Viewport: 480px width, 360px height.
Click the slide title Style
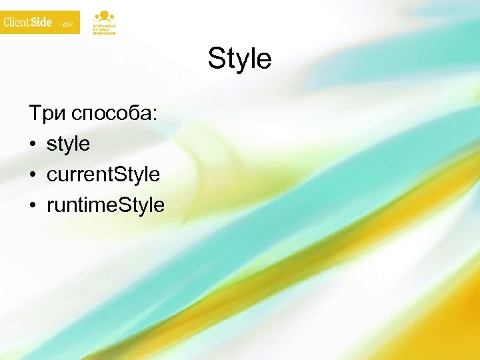(x=239, y=59)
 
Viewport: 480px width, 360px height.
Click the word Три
(x=44, y=113)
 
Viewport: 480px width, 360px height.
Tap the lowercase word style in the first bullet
(x=68, y=143)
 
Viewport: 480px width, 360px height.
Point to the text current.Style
(x=103, y=175)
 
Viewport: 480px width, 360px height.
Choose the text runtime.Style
(x=105, y=205)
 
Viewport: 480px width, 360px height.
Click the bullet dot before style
(x=32, y=144)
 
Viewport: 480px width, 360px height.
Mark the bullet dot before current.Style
(x=32, y=175)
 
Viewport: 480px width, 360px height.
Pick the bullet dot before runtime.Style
(x=32, y=205)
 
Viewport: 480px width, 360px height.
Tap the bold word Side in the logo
(x=42, y=22)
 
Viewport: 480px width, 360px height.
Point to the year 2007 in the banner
(x=68, y=24)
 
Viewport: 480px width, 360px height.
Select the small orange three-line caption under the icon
(x=104, y=30)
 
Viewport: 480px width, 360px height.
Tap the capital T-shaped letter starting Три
(x=35, y=113)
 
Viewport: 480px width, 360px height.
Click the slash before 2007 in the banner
(x=60, y=24)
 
